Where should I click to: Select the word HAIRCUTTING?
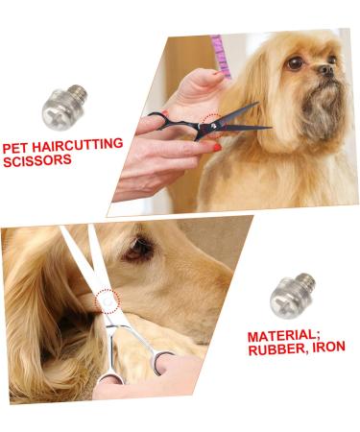(x=77, y=145)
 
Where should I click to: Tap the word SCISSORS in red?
(x=37, y=160)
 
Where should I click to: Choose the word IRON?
(x=328, y=347)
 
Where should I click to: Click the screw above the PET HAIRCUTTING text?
(x=64, y=107)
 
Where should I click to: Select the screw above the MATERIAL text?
(x=292, y=296)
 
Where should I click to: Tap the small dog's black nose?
(x=326, y=70)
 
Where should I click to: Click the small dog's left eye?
(x=295, y=62)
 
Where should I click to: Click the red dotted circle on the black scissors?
(x=211, y=126)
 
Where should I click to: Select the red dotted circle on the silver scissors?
(x=108, y=301)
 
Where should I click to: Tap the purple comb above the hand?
(x=221, y=57)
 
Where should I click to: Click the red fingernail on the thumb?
(x=218, y=148)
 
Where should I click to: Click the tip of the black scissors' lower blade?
(x=272, y=129)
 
